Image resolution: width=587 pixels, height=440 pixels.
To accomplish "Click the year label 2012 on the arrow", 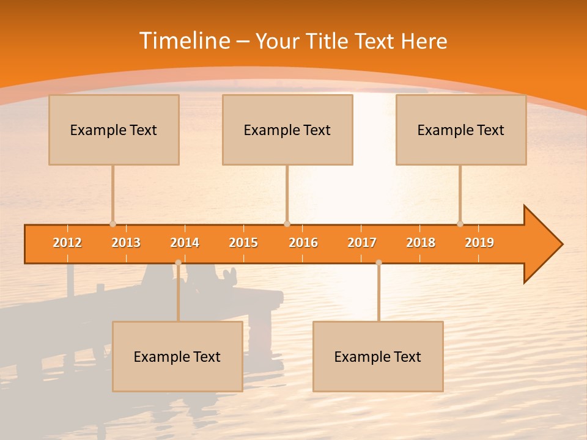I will (x=67, y=243).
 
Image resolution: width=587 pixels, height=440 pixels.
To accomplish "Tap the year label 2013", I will (x=126, y=243).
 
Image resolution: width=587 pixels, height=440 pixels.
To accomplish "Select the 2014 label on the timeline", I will (x=185, y=243).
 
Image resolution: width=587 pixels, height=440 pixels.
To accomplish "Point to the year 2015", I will (x=243, y=243).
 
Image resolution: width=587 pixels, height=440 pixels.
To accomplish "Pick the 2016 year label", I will (x=303, y=243).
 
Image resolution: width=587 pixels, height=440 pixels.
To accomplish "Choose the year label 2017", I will (x=362, y=243).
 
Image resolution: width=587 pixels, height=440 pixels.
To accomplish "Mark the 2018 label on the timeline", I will (x=421, y=243).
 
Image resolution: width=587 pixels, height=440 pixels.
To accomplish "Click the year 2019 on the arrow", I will (x=479, y=243).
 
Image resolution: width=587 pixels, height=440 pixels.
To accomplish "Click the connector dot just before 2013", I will (x=113, y=224).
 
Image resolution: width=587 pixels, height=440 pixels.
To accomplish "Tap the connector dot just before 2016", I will (x=287, y=224).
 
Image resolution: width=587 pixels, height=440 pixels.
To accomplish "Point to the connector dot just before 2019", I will (x=460, y=224).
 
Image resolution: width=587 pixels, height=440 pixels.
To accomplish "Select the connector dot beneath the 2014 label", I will (x=178, y=263).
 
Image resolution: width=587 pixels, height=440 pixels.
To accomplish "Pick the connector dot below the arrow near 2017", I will (x=378, y=263).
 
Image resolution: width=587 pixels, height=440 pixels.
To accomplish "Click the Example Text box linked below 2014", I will (x=177, y=356).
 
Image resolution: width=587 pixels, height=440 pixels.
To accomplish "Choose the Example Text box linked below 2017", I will (x=378, y=356).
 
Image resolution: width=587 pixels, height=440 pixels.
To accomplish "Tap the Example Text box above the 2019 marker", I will (x=461, y=130).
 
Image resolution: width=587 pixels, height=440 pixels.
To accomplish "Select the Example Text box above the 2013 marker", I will (x=114, y=130).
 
